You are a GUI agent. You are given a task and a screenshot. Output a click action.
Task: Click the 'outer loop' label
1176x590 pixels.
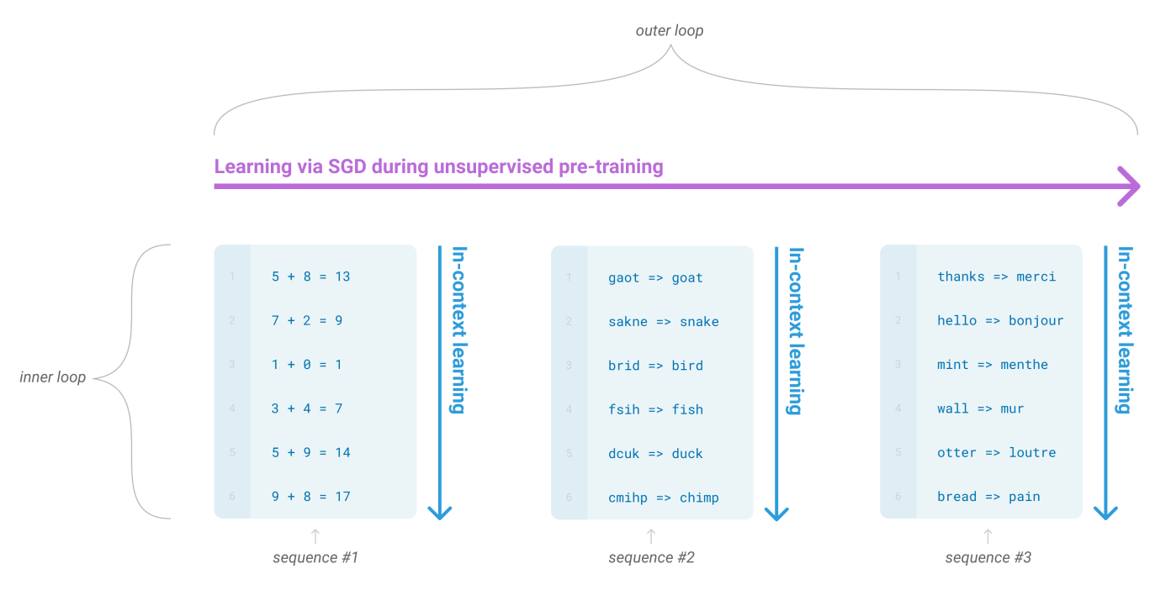[x=669, y=31]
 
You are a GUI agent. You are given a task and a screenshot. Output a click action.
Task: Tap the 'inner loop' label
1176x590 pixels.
[x=52, y=377]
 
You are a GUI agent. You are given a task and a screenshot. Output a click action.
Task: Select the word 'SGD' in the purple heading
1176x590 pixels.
[x=342, y=166]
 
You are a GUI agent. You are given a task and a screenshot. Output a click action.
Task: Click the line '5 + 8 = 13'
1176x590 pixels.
[x=310, y=277]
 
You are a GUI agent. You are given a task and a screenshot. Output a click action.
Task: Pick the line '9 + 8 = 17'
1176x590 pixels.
[x=310, y=497]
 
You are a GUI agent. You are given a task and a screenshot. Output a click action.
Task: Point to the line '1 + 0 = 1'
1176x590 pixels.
[x=307, y=365]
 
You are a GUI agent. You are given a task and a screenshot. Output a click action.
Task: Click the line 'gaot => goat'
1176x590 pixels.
[x=655, y=278]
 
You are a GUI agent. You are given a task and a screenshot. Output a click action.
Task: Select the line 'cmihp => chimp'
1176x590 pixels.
[x=664, y=498]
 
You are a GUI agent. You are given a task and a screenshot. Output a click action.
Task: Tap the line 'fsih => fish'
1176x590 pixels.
[x=655, y=410]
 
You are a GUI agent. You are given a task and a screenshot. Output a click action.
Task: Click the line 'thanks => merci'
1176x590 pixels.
[x=996, y=277]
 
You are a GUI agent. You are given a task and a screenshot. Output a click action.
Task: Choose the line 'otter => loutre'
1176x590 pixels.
[x=996, y=453]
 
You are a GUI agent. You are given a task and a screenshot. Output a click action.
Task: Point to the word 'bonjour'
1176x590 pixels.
[x=1036, y=321]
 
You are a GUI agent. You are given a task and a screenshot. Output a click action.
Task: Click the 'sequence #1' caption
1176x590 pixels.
[x=315, y=557]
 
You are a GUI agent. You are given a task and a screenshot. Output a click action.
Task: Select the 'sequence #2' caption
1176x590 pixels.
[x=651, y=557]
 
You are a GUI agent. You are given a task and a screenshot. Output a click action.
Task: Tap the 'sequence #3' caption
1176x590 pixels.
[x=988, y=557]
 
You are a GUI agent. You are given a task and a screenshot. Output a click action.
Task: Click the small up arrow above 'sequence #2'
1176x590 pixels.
[x=651, y=535]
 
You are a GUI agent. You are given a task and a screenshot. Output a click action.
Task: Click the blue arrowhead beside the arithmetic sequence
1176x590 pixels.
[x=440, y=510]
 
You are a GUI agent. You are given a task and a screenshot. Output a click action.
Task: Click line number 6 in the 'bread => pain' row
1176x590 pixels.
[x=898, y=497]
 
